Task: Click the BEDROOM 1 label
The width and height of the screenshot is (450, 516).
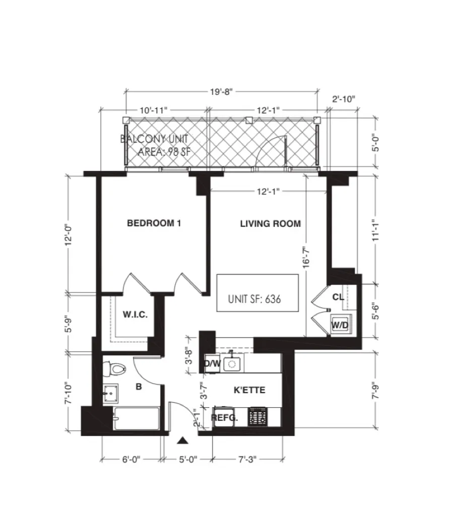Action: (153, 223)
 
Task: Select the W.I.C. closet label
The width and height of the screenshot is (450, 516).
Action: (135, 315)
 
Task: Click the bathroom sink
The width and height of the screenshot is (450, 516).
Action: (110, 394)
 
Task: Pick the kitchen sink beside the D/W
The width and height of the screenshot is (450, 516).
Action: (232, 363)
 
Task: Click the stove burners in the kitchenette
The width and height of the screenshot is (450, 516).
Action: (259, 417)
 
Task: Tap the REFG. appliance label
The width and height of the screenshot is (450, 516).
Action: (224, 417)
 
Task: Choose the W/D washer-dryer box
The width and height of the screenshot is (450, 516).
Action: (340, 325)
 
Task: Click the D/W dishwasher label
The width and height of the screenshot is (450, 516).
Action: (212, 363)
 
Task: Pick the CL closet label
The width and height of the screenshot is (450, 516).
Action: (338, 297)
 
